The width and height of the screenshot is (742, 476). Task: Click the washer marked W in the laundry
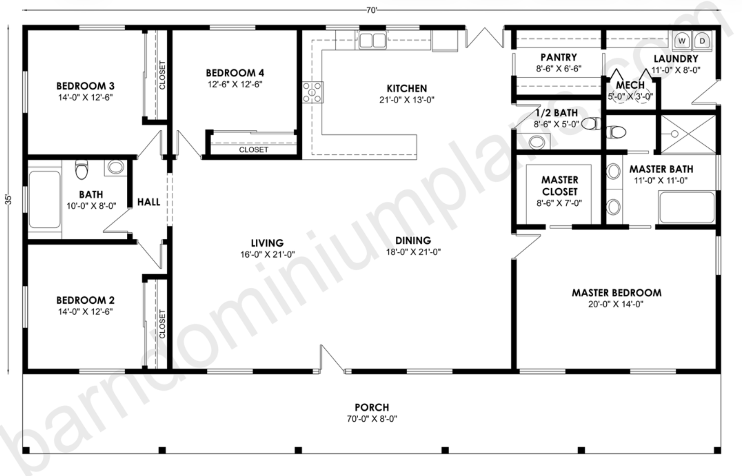click(682, 41)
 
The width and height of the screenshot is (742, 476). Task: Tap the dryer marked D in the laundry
click(702, 41)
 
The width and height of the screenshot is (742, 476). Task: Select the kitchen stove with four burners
click(312, 92)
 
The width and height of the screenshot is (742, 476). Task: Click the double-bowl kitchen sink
click(373, 40)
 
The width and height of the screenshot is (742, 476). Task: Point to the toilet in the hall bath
click(82, 169)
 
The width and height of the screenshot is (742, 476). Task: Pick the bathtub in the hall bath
click(45, 200)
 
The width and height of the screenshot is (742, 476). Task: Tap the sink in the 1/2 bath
click(537, 142)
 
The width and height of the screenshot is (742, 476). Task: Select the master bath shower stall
click(688, 134)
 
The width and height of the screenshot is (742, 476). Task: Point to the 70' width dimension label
click(372, 10)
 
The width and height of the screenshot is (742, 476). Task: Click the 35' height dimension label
click(8, 200)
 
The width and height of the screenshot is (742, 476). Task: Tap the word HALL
click(149, 202)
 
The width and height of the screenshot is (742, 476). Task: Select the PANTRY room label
click(559, 57)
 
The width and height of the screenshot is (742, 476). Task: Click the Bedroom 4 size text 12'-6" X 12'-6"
click(235, 84)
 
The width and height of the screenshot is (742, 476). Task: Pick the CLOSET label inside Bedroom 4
click(253, 150)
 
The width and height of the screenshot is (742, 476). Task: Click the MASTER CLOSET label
click(560, 186)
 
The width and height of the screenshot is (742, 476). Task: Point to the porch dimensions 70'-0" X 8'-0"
click(372, 419)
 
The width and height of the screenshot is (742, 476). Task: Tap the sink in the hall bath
click(116, 167)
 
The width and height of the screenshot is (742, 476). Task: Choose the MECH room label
click(630, 85)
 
